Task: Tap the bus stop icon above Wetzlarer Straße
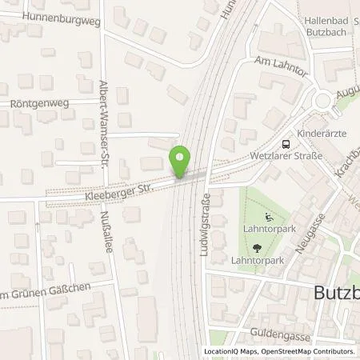(x=286, y=145)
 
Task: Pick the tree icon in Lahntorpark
(x=266, y=248)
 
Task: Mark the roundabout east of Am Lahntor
(x=326, y=102)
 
